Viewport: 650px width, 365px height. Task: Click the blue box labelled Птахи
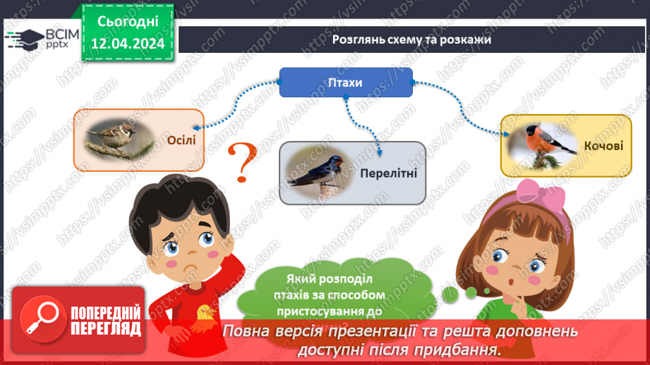346,82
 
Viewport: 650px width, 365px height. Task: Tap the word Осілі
181,140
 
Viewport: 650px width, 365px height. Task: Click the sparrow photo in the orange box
117,137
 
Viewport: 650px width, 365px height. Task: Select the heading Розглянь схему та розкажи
411,39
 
